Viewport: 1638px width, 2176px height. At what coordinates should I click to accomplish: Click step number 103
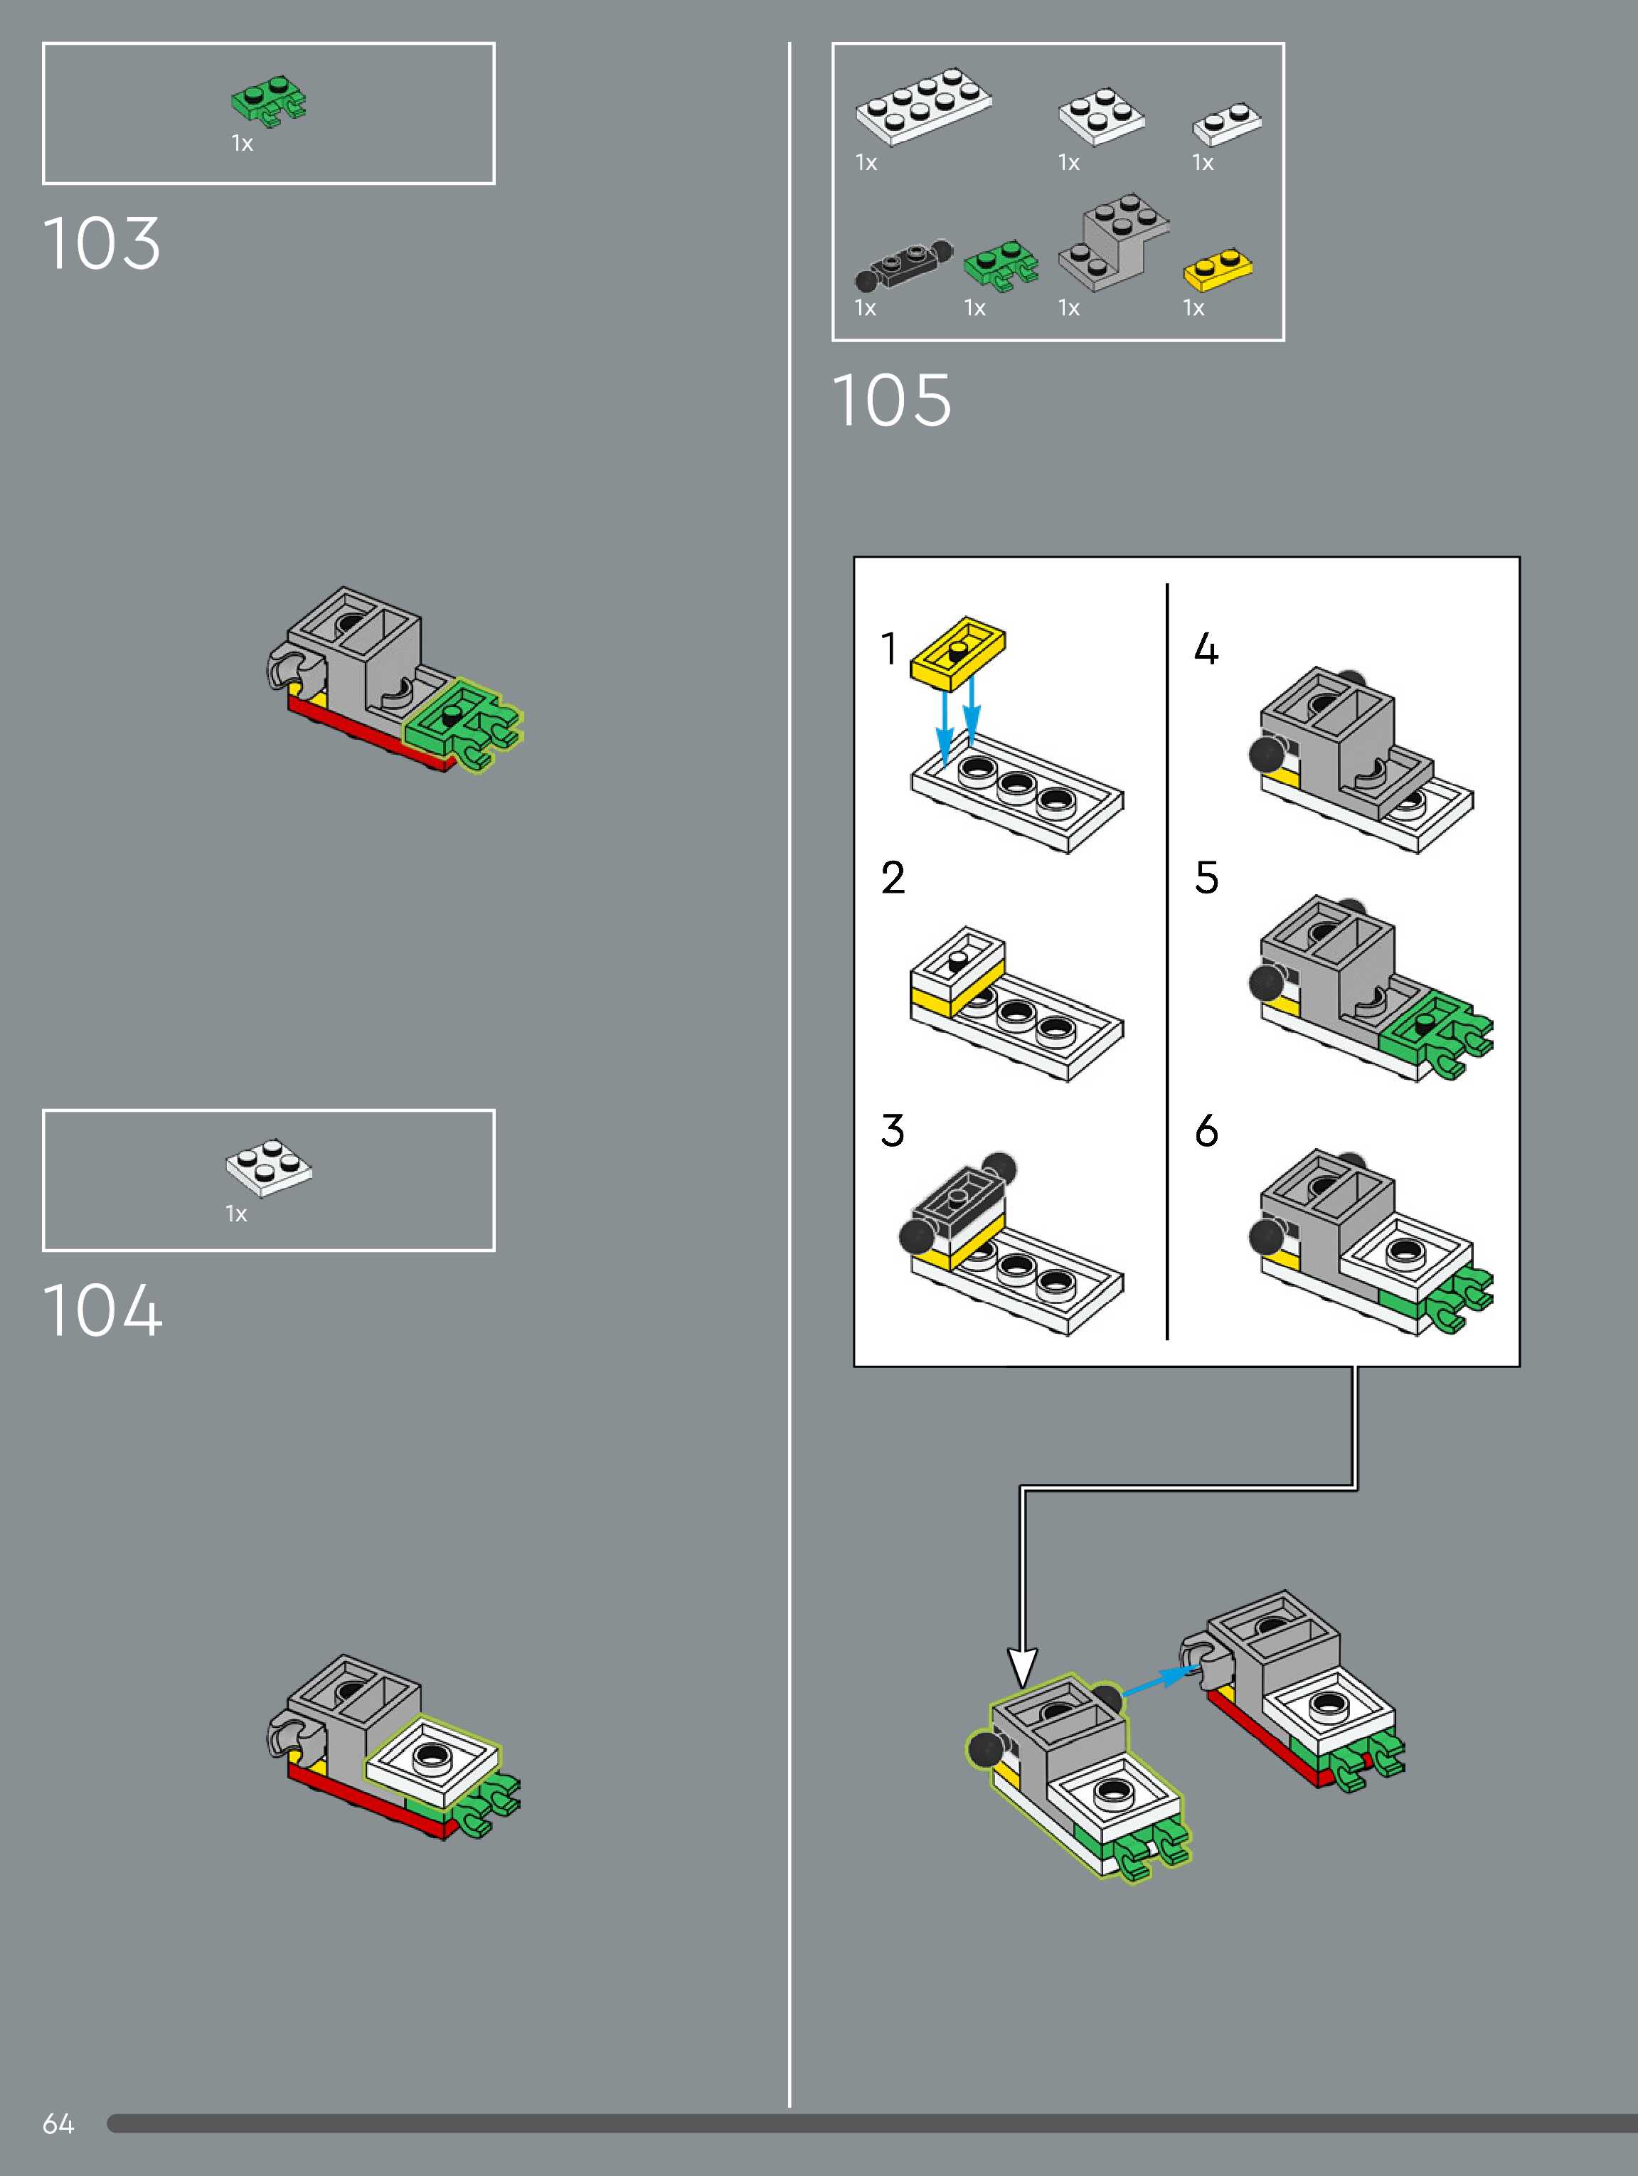point(101,243)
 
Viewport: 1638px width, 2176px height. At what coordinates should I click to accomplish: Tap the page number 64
point(58,2124)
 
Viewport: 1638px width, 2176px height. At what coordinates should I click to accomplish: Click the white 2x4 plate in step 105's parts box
point(922,106)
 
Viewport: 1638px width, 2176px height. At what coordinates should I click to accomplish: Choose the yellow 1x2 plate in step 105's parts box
point(1217,270)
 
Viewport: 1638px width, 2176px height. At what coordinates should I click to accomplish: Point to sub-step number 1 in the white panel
point(889,649)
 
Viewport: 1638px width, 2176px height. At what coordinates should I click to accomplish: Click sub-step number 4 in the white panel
point(1206,649)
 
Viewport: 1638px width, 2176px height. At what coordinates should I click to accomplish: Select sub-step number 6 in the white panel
point(1206,1131)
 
